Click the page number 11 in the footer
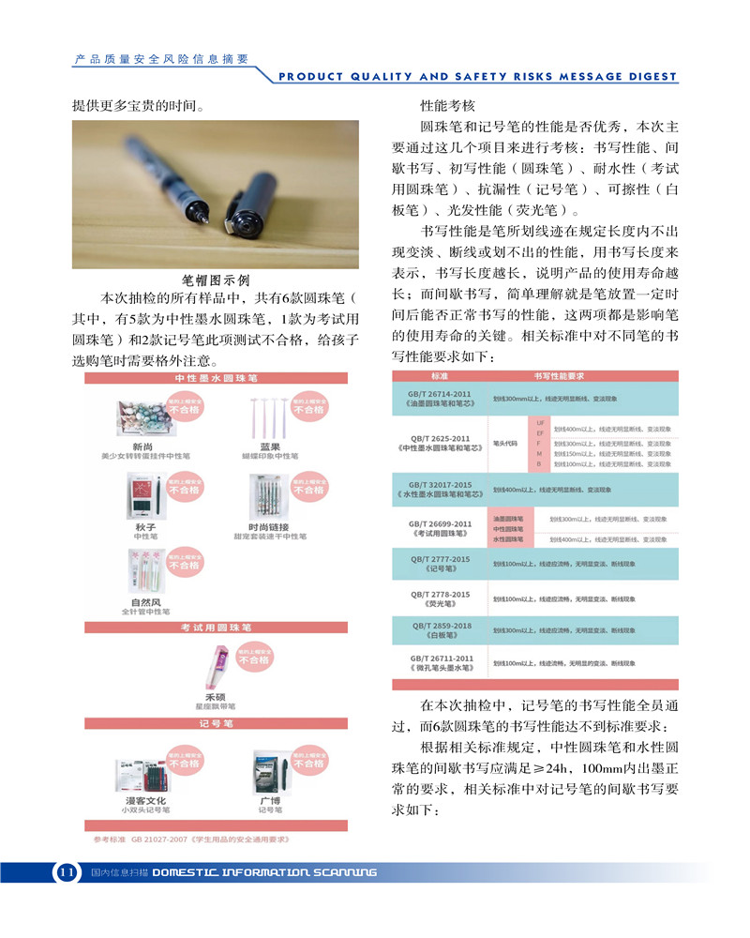(x=66, y=872)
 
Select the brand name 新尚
(x=143, y=446)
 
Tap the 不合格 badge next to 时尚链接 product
(x=308, y=489)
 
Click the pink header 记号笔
(x=216, y=723)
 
